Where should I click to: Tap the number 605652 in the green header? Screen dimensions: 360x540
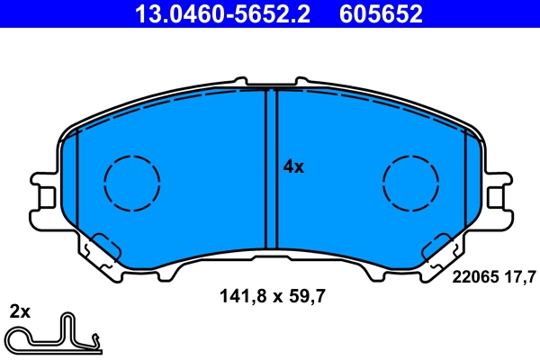tap(380, 13)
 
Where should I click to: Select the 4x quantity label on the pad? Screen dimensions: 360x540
tap(294, 166)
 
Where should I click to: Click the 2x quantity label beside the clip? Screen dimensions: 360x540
tap(19, 312)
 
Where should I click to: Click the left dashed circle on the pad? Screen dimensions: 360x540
tap(132, 184)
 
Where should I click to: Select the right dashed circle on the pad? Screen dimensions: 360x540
tap(410, 184)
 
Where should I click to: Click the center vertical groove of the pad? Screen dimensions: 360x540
tap(271, 166)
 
